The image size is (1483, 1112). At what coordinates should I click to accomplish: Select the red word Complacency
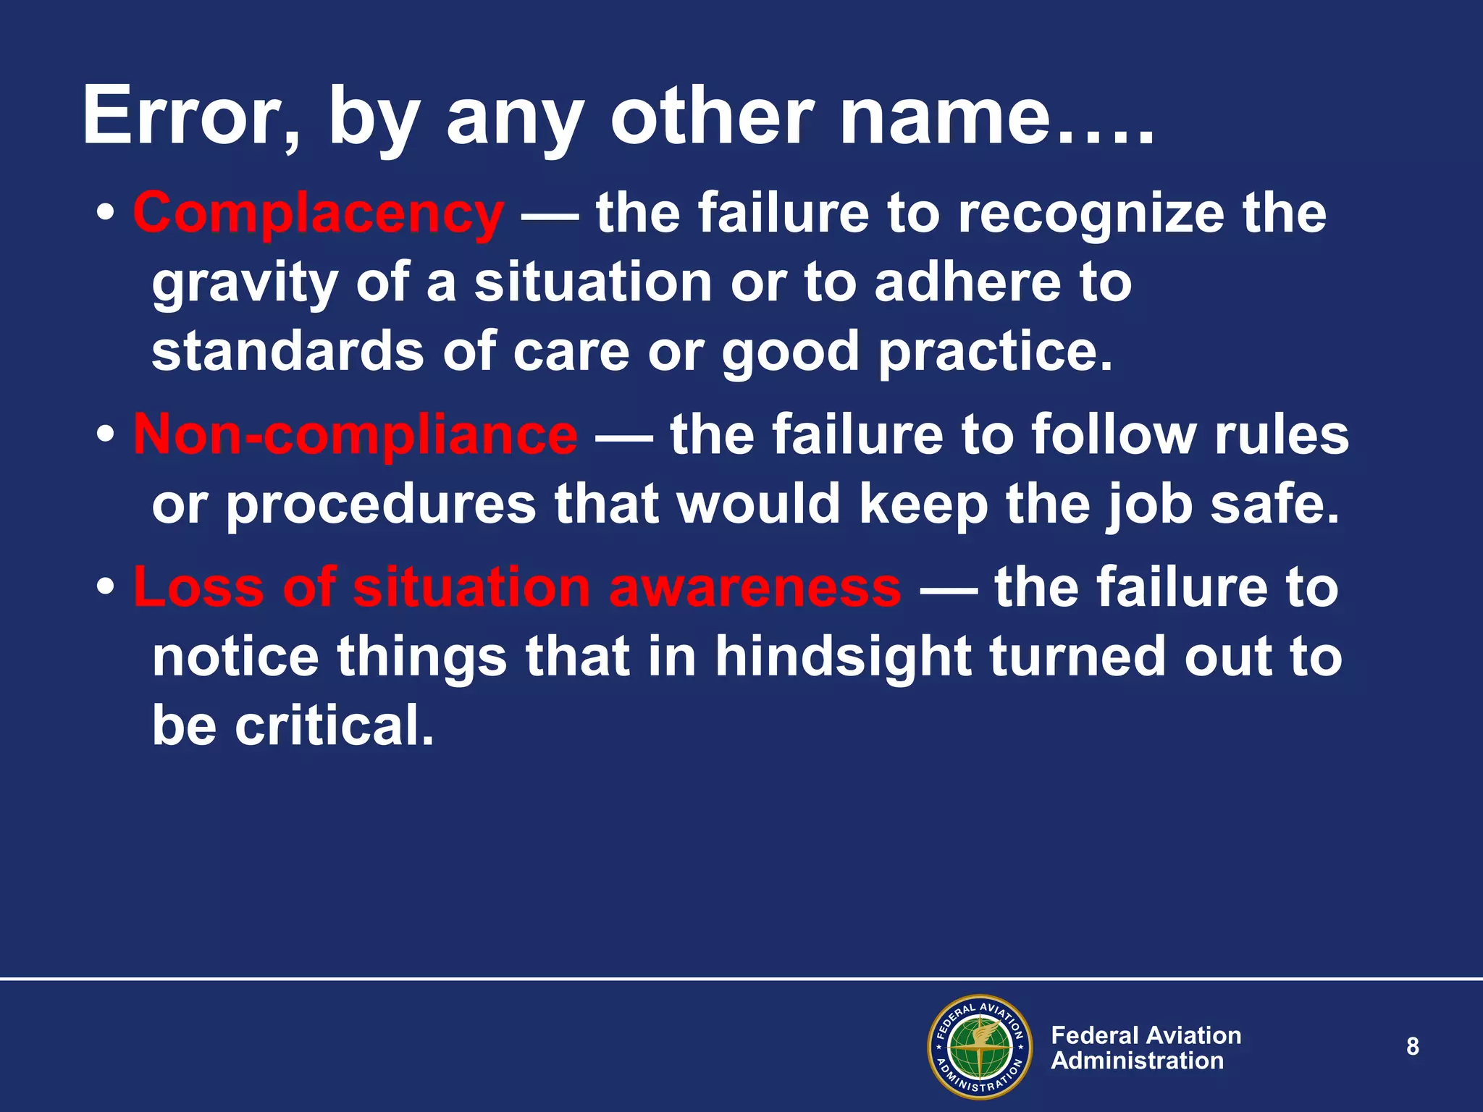(x=318, y=214)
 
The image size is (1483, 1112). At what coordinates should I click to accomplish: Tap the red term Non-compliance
(x=356, y=435)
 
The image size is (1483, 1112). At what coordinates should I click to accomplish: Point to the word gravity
(x=245, y=284)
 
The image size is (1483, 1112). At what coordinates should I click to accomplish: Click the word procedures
(x=380, y=505)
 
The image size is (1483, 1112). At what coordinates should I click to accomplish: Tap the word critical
(x=335, y=725)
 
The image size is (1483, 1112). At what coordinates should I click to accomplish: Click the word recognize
(x=1091, y=214)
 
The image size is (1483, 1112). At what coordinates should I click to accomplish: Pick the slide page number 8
(x=1412, y=1046)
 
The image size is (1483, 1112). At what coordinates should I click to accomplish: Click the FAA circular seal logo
(x=980, y=1047)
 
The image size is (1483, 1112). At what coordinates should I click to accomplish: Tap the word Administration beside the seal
(x=1137, y=1061)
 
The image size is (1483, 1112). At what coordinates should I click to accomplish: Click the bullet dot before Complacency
(x=106, y=214)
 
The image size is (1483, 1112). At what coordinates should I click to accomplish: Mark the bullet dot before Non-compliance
(x=106, y=435)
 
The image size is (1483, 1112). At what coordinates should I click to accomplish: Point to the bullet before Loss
(x=106, y=587)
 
